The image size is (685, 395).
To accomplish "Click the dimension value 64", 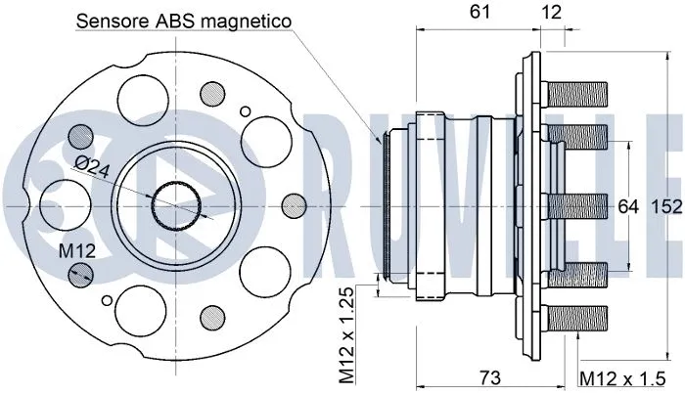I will [627, 206].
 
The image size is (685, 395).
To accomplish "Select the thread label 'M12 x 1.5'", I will [626, 377].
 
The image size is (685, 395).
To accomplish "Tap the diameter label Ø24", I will [90, 167].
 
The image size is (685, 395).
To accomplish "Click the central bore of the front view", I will [178, 207].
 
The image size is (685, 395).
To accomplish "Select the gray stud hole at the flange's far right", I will [291, 206].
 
